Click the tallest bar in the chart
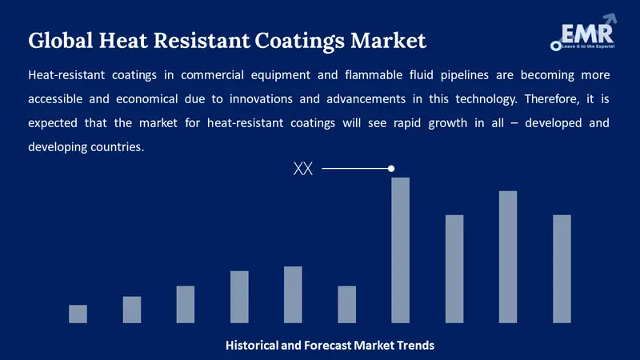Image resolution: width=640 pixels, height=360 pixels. pyautogui.click(x=400, y=250)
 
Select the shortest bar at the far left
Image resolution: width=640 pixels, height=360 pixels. pyautogui.click(x=78, y=314)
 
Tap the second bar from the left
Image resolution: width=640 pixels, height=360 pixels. pyautogui.click(x=131, y=310)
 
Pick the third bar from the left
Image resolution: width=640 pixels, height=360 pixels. pyautogui.click(x=185, y=304)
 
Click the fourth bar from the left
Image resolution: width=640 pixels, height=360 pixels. pyautogui.click(x=239, y=297)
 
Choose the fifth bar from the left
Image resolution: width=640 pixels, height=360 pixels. pyautogui.click(x=293, y=294)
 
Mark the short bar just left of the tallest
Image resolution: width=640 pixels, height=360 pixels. pyautogui.click(x=346, y=304)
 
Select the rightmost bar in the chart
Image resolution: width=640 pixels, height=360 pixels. pyautogui.click(x=562, y=269)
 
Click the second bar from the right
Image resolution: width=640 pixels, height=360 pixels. pyautogui.click(x=508, y=257)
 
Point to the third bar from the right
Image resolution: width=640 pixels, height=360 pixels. pyautogui.click(x=454, y=269)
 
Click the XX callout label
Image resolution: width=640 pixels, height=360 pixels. pyautogui.click(x=303, y=169)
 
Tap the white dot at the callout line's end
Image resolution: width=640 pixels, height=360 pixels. pyautogui.click(x=391, y=169)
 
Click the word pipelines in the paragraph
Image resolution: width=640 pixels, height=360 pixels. pyautogui.click(x=453, y=75)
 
